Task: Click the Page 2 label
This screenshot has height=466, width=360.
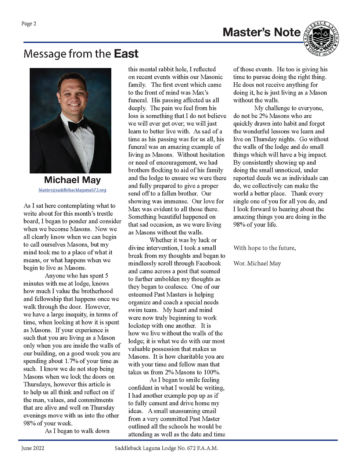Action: tap(29, 24)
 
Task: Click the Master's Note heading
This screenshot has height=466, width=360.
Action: tap(261, 32)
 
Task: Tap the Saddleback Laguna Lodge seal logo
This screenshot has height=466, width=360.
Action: tap(322, 39)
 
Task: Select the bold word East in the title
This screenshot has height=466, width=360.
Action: tap(126, 54)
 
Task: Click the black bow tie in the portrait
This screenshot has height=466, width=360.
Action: tap(78, 127)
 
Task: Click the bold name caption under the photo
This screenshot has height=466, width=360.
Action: tap(72, 180)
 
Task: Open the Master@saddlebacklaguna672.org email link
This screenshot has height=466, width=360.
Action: tap(72, 190)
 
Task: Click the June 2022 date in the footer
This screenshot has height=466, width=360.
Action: tap(33, 448)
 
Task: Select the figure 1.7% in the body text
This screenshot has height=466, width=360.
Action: tap(72, 361)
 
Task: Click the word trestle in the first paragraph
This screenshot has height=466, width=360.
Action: tap(104, 214)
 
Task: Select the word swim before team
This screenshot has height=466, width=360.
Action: tap(135, 310)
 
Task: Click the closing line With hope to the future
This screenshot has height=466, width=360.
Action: tap(264, 248)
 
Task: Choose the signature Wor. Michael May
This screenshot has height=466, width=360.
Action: tap(257, 264)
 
